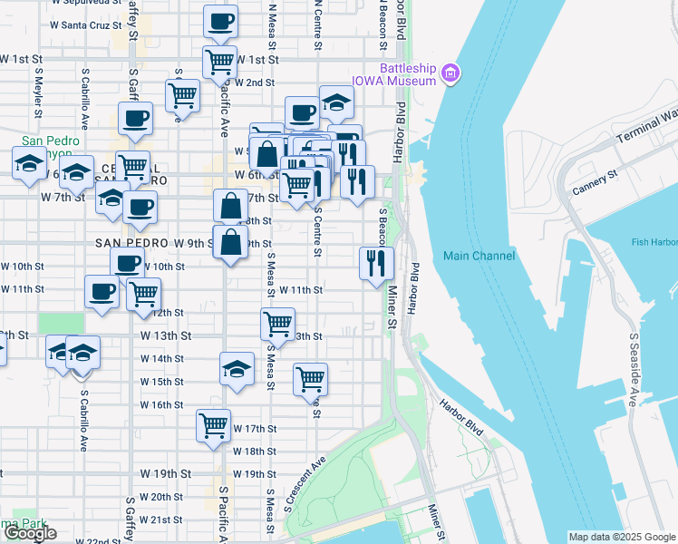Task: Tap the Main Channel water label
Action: tap(479, 256)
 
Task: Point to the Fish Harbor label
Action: tap(654, 242)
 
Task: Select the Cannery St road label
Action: tap(596, 182)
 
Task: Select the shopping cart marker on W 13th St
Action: tap(277, 323)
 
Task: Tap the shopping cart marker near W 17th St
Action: tap(214, 424)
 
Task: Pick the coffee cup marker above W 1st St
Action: tap(220, 21)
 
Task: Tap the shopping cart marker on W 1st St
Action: tap(220, 62)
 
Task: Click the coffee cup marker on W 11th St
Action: tap(102, 292)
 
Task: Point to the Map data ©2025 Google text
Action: tap(621, 537)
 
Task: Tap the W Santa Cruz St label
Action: tap(86, 24)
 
